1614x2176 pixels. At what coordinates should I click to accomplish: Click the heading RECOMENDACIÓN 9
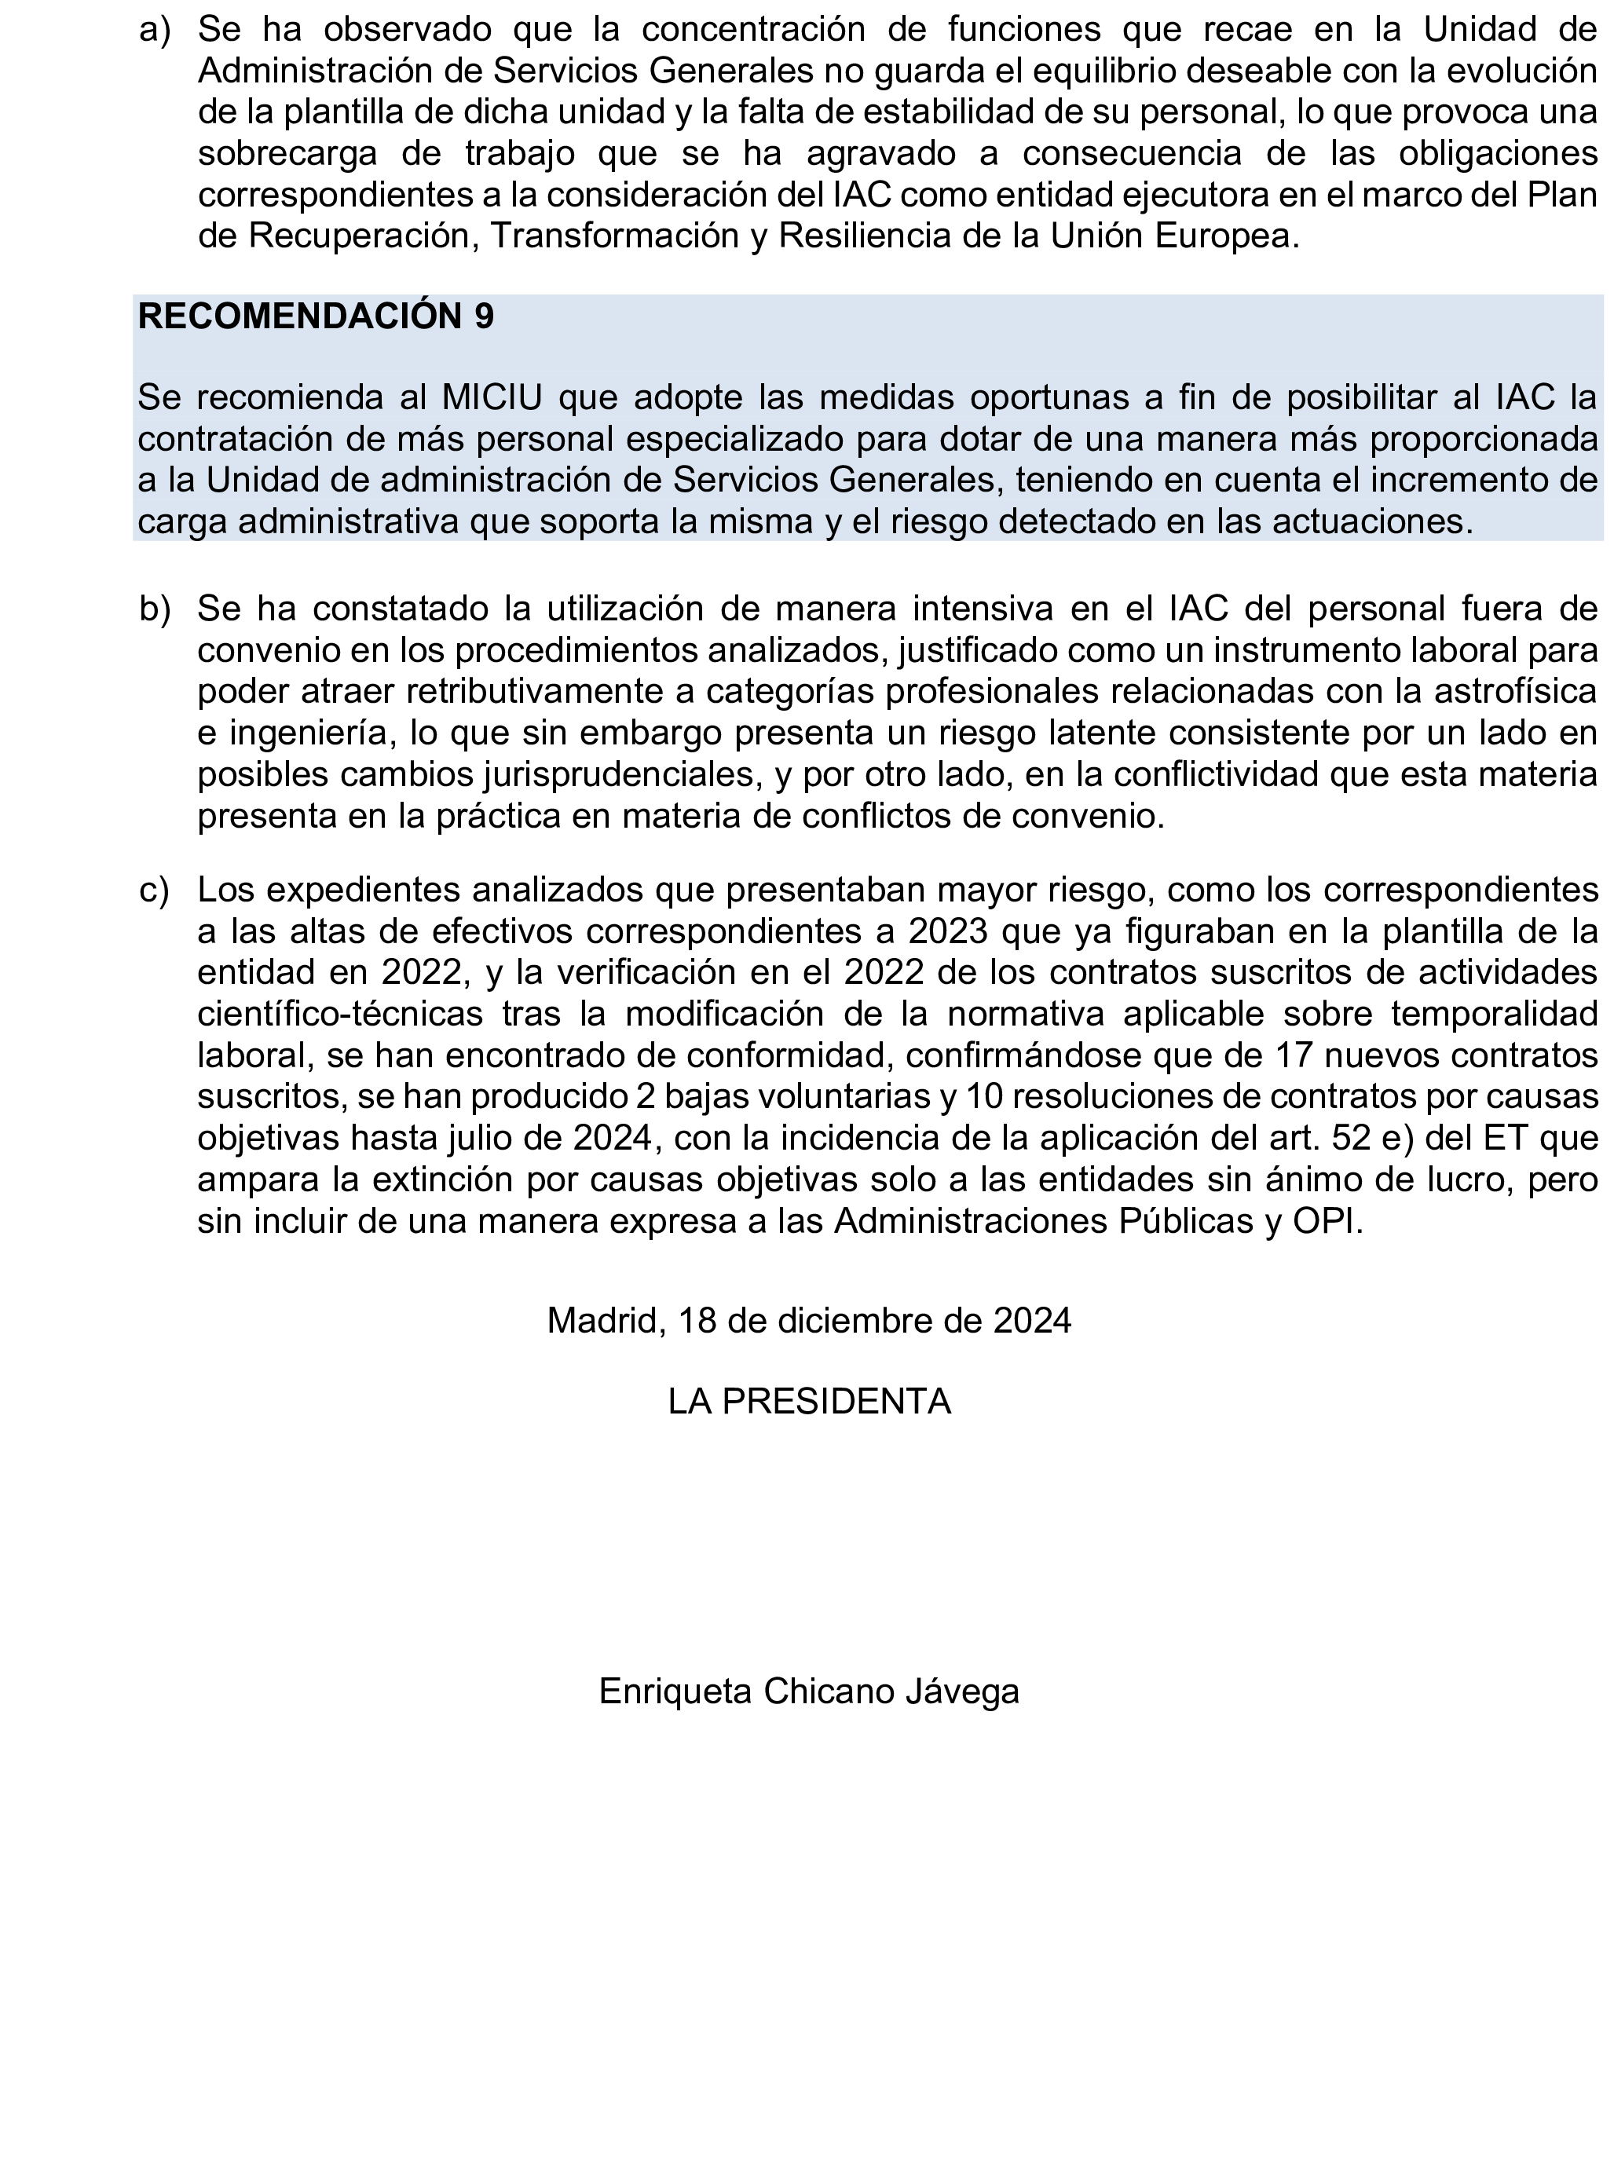click(316, 316)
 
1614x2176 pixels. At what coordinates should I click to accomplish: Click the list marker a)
click(155, 31)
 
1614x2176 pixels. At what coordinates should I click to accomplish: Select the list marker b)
click(155, 609)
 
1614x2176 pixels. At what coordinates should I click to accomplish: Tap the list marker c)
click(155, 890)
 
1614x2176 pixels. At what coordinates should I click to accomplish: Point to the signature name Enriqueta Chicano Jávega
click(808, 1691)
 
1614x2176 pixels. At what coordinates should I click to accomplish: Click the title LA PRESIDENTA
click(808, 1402)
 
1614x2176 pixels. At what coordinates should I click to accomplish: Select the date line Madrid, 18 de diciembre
click(808, 1321)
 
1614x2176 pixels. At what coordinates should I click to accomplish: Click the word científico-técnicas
click(339, 1014)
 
